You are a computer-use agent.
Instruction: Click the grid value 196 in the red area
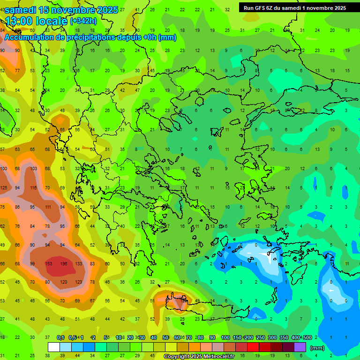tap(64, 263)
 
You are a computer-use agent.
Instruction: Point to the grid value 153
tap(48, 263)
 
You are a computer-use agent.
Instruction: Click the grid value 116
tap(33, 188)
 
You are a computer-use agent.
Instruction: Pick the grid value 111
tap(48, 207)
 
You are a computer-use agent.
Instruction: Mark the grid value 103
tap(33, 169)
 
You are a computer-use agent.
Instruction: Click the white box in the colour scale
tap(54, 347)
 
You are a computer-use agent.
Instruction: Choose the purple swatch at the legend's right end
tap(300, 347)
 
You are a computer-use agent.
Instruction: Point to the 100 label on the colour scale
tap(225, 338)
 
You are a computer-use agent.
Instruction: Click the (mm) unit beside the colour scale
tap(317, 348)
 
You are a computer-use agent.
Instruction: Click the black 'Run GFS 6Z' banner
tap(294, 7)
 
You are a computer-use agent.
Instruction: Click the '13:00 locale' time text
tap(37, 21)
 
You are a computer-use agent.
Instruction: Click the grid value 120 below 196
tap(64, 282)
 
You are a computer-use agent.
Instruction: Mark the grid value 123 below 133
tap(78, 282)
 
